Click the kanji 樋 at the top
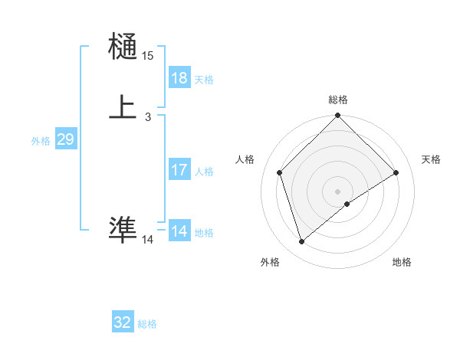tap(123, 47)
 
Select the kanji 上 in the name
tap(123, 106)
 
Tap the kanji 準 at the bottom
tap(123, 229)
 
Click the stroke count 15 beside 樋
tap(147, 56)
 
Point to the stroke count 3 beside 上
tap(147, 117)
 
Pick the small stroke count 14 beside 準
tap(147, 240)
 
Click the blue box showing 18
tap(179, 78)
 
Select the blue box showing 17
tap(179, 170)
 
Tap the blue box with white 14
tap(179, 231)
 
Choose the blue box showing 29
tap(65, 139)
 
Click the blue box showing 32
tap(123, 323)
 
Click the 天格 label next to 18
tap(204, 80)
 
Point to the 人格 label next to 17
tap(204, 172)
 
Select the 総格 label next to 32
tap(147, 325)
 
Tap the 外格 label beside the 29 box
tap(40, 141)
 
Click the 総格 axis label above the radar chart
tap(338, 100)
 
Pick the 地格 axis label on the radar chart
tap(402, 262)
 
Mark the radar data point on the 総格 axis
tap(338, 116)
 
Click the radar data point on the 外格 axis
tap(301, 242)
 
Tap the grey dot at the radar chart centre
tap(338, 191)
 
